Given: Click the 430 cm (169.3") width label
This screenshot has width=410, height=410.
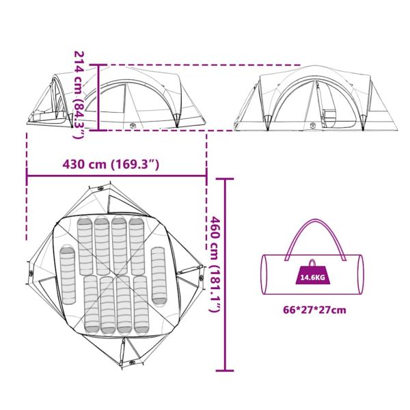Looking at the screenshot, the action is (x=111, y=165).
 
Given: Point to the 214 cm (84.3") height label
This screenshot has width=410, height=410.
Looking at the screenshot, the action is (x=79, y=95).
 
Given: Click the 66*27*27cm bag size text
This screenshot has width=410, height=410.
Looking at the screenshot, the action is (x=314, y=310).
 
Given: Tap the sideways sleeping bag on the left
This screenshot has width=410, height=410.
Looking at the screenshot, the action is (x=68, y=275).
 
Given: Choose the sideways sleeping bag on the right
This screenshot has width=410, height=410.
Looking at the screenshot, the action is (x=159, y=276).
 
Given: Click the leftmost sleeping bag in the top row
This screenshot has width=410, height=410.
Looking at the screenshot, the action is (x=85, y=246).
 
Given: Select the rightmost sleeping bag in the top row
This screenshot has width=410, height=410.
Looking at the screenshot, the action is (x=137, y=245).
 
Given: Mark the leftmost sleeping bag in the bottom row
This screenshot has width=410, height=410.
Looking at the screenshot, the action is (x=92, y=305).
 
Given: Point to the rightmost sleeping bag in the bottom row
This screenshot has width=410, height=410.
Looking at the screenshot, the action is (x=141, y=305).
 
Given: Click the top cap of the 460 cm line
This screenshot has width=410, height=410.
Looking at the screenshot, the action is (x=225, y=179).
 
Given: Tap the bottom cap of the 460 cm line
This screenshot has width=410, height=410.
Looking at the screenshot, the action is (x=225, y=370).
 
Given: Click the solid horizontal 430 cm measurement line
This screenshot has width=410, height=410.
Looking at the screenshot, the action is (x=117, y=176).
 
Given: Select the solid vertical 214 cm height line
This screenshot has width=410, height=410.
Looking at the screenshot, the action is (x=98, y=98).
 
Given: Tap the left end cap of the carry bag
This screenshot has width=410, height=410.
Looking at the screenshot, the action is (x=264, y=275).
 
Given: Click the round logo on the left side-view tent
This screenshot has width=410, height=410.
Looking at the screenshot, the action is (x=133, y=126).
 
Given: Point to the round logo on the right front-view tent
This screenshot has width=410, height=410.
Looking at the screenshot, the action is (x=313, y=126).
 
